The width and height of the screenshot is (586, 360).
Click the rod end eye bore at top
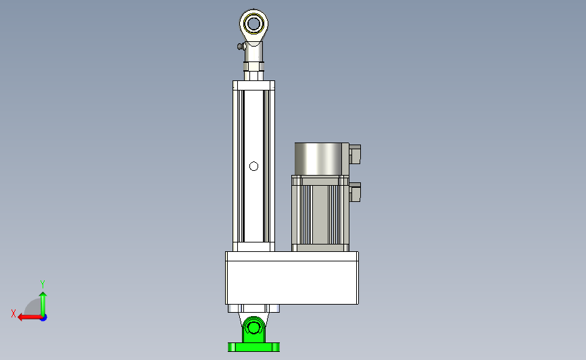click(x=253, y=24)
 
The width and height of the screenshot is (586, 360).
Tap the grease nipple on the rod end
click(x=241, y=47)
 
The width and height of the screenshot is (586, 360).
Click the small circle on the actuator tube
click(x=253, y=166)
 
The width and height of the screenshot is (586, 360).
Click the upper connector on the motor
click(x=355, y=154)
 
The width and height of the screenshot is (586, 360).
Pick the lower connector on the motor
click(x=355, y=192)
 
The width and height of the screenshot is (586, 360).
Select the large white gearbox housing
click(x=292, y=278)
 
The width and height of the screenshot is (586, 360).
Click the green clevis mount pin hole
click(x=253, y=328)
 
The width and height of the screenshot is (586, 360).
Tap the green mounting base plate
click(x=253, y=347)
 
